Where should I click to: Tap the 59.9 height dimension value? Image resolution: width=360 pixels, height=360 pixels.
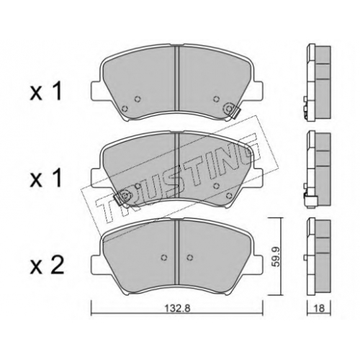tap(276, 256)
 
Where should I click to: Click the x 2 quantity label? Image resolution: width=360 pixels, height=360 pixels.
tap(47, 265)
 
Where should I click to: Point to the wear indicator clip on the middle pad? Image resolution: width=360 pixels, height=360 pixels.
tap(121, 197)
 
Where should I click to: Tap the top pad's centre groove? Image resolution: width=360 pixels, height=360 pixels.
tap(176, 77)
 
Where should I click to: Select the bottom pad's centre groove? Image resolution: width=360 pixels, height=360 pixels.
tap(176, 251)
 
